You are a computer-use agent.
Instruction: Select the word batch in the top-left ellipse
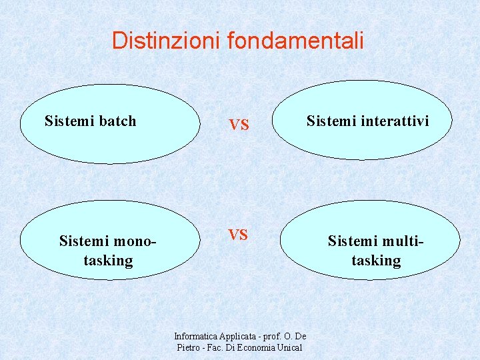pyautogui.click(x=117, y=121)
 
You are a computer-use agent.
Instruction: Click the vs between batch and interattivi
pyautogui.click(x=239, y=125)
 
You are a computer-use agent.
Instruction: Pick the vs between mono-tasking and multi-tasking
pyautogui.click(x=238, y=234)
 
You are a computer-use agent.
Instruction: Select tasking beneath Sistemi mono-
pyautogui.click(x=108, y=260)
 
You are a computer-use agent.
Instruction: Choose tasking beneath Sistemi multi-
pyautogui.click(x=376, y=260)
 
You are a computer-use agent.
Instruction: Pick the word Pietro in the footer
pyautogui.click(x=188, y=347)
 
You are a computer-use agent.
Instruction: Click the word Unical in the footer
pyautogui.click(x=289, y=347)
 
